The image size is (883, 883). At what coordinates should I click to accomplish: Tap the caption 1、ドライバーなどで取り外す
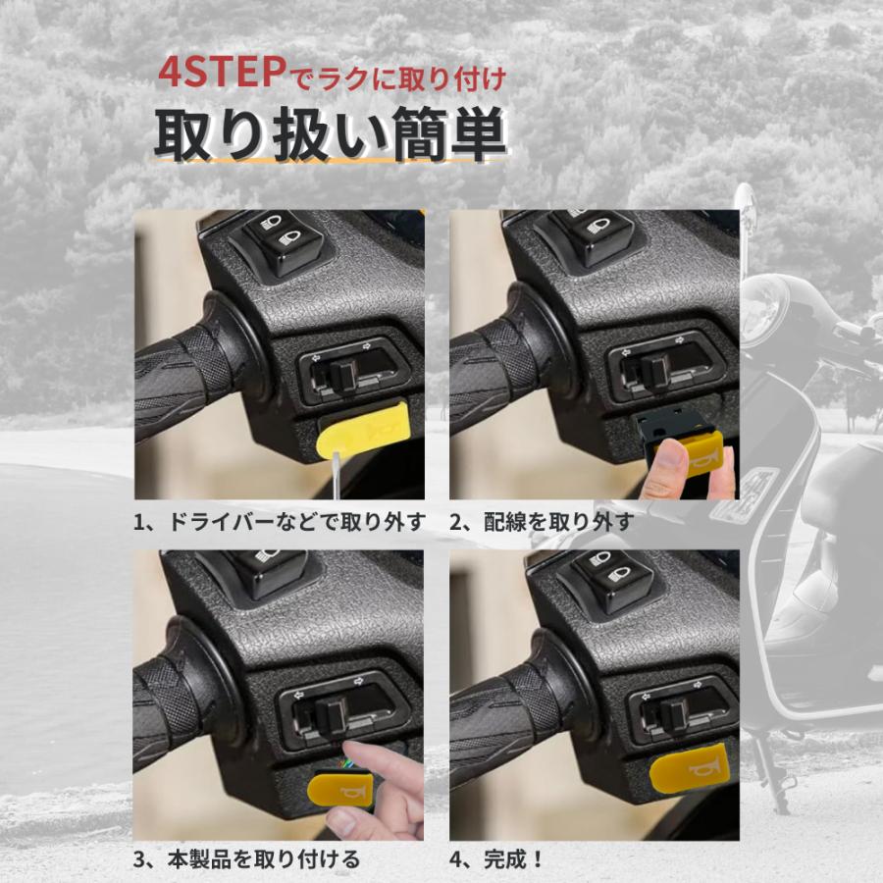tap(280, 522)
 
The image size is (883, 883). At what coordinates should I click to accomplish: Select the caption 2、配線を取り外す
tap(542, 522)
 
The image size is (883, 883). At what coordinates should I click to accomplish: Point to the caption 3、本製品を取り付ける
tap(246, 860)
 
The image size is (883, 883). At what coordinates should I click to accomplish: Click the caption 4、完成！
tap(497, 860)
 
